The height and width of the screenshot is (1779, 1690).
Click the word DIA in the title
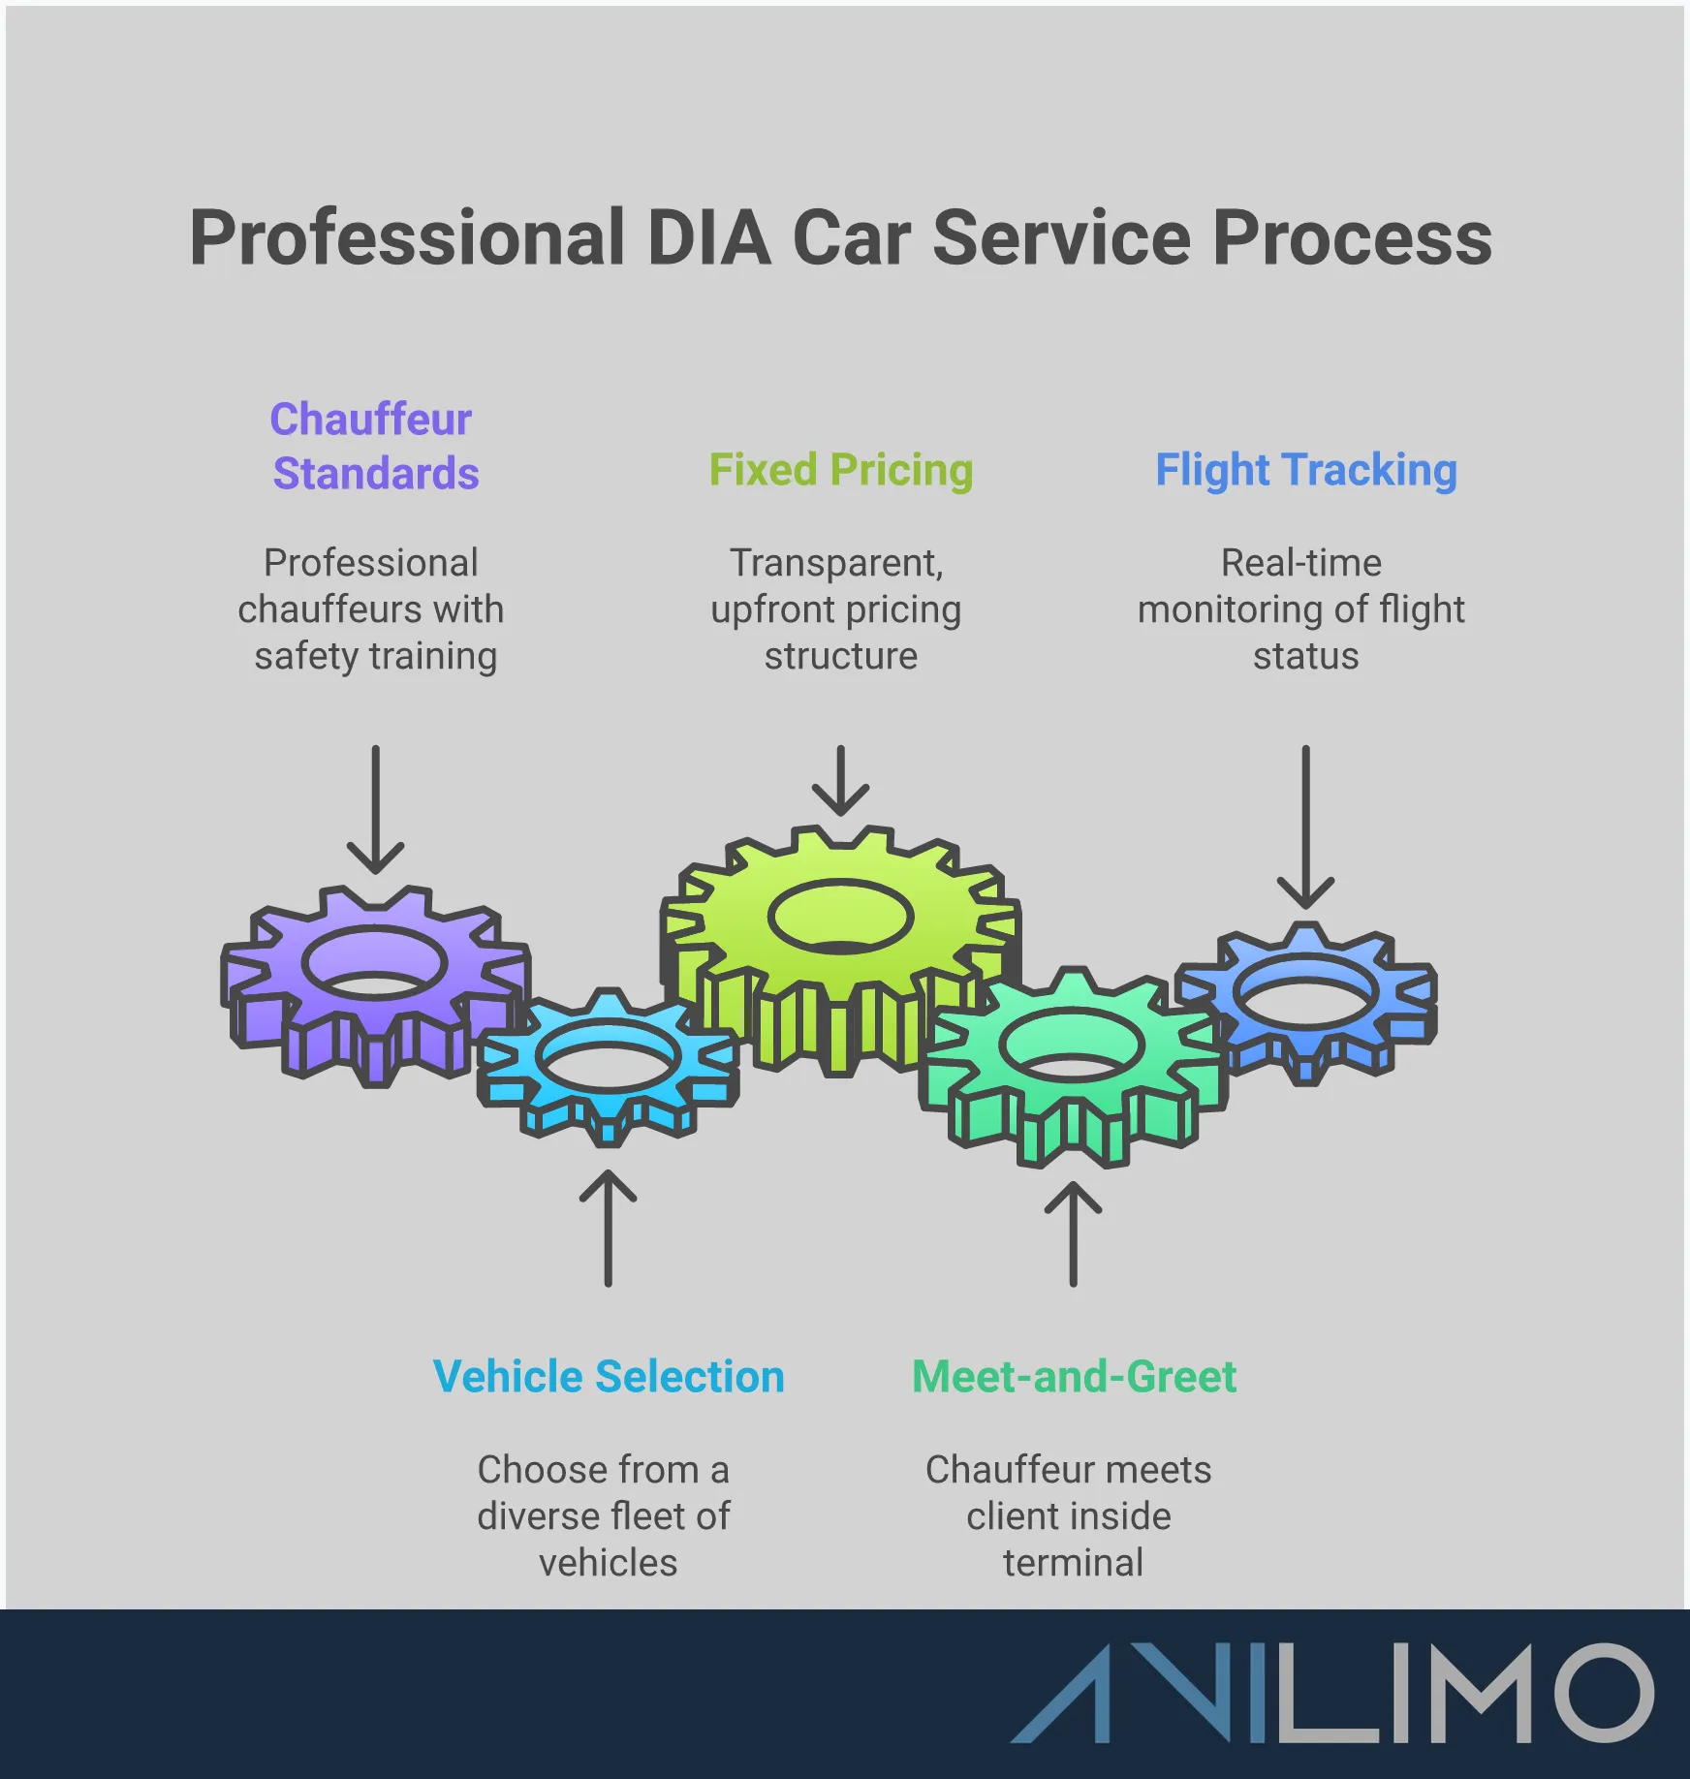(708, 238)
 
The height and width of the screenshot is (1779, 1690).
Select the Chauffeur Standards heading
(374, 446)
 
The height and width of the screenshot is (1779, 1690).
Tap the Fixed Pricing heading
(840, 470)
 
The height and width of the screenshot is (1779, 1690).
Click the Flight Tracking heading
(1305, 470)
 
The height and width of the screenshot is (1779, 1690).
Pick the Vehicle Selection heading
(608, 1377)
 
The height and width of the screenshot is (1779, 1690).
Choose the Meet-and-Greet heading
(1074, 1377)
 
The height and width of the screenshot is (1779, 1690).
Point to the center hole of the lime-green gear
(840, 917)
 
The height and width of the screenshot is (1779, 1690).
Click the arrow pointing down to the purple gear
(375, 809)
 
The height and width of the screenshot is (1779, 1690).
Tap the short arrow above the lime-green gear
(840, 780)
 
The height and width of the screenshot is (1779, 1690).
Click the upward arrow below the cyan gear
(608, 1228)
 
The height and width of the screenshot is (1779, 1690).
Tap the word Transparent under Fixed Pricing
(835, 563)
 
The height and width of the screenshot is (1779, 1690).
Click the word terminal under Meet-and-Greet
(1073, 1563)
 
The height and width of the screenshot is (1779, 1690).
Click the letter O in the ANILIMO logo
(1604, 1693)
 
